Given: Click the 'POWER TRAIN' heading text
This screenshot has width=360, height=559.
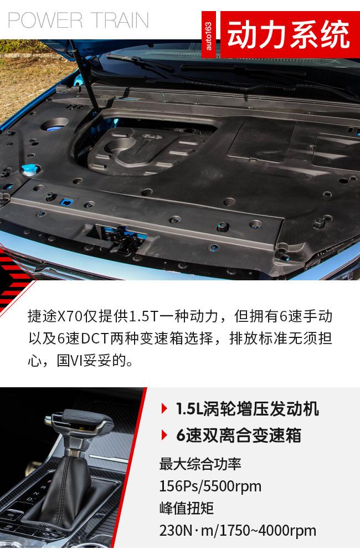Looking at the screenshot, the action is coord(78,20).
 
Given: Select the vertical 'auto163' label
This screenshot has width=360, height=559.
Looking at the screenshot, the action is coord(209,34).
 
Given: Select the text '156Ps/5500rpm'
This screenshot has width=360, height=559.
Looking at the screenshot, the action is coord(210,486).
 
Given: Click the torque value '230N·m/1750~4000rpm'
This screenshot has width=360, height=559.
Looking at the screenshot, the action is coord(238,531).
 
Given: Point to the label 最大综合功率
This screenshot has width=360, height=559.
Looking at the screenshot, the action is coord(200,464).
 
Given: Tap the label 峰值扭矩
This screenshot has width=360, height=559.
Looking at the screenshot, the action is coord(187,508).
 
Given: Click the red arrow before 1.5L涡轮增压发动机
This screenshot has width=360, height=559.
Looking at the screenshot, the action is coord(164,408).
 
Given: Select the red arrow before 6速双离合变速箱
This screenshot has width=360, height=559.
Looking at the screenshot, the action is coord(164,435).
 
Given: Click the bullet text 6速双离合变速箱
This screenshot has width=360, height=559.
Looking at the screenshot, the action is coord(239,435).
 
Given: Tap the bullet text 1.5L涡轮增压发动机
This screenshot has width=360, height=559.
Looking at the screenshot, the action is coord(248,408).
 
